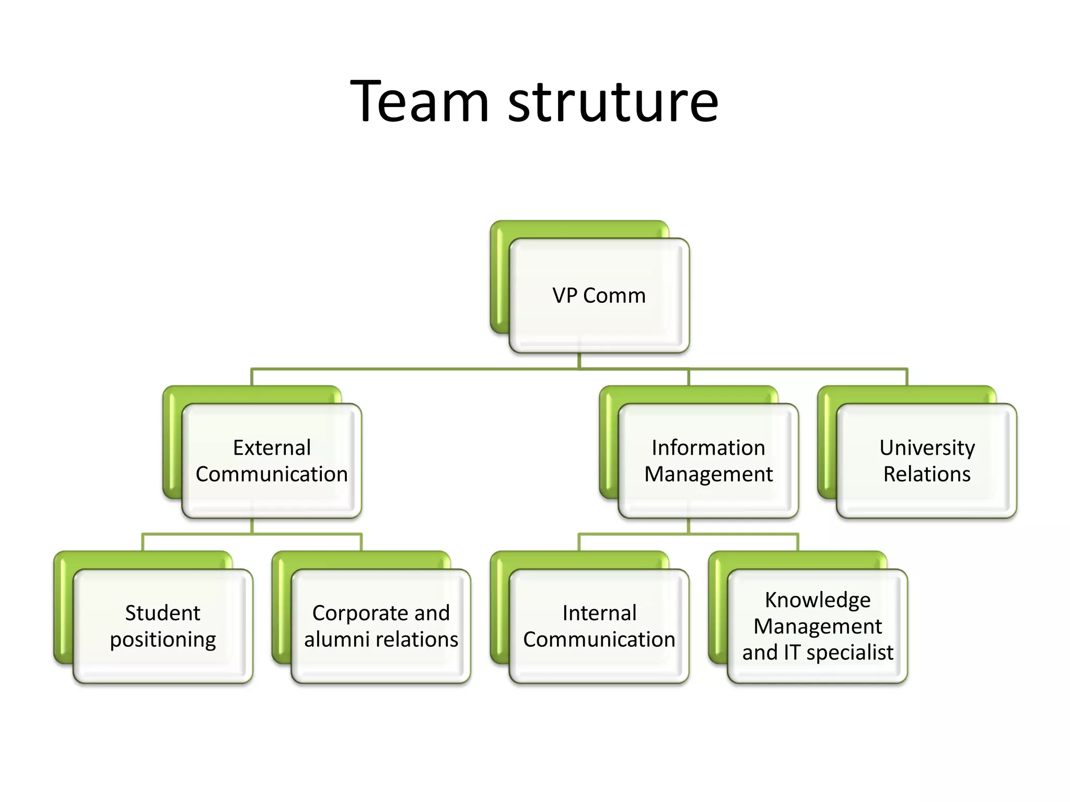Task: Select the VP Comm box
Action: pyautogui.click(x=599, y=296)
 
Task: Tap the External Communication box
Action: pyautogui.click(x=272, y=461)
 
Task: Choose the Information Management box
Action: pyautogui.click(x=708, y=461)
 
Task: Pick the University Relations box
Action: pyautogui.click(x=926, y=461)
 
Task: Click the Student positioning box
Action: pyautogui.click(x=163, y=626)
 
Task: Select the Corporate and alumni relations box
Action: pyautogui.click(x=381, y=626)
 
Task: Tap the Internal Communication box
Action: pyautogui.click(x=599, y=626)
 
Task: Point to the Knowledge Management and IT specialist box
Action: pyautogui.click(x=817, y=626)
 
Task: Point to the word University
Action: pyautogui.click(x=927, y=448)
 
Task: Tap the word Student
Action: pyautogui.click(x=162, y=613)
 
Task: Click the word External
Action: pyautogui.click(x=272, y=448)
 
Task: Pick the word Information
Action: pyautogui.click(x=708, y=448)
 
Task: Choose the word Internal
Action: pyautogui.click(x=599, y=613)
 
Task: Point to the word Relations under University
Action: pyautogui.click(x=927, y=474)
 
